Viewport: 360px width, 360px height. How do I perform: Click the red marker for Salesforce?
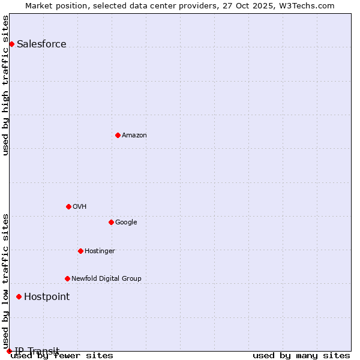click(x=11, y=44)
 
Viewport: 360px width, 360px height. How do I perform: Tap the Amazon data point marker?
click(x=118, y=135)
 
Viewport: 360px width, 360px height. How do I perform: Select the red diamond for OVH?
click(x=68, y=206)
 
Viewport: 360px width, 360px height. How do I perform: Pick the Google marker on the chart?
click(x=111, y=222)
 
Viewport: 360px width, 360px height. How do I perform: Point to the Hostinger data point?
click(x=80, y=251)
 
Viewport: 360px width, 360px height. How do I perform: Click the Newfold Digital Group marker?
click(x=67, y=278)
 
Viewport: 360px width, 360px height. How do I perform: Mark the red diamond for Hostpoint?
click(x=19, y=296)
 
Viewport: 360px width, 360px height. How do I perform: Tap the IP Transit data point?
click(x=9, y=351)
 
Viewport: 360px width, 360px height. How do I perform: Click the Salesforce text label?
click(x=41, y=44)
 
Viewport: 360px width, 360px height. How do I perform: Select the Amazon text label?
click(x=134, y=135)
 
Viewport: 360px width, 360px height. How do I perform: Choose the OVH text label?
click(x=79, y=206)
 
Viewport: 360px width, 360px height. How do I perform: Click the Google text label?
click(x=126, y=222)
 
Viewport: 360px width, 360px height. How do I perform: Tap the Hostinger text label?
click(x=100, y=251)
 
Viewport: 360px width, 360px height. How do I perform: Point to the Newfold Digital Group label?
click(x=106, y=278)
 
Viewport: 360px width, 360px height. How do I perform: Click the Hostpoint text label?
click(x=47, y=296)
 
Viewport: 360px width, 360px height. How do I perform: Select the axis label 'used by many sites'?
click(x=301, y=355)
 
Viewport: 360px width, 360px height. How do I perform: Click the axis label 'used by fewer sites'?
click(x=62, y=355)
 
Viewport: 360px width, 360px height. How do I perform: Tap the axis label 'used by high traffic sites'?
click(x=5, y=85)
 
